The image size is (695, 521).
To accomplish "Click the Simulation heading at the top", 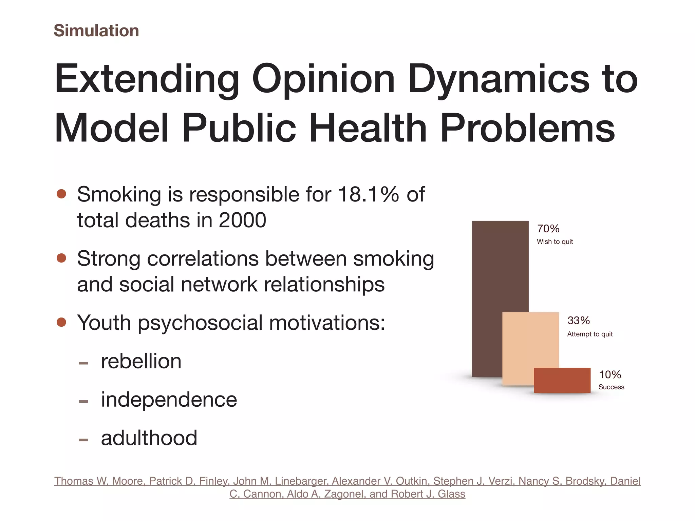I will pos(96,31).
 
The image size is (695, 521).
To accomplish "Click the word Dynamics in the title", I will pos(499,80).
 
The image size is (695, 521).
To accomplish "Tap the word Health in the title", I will pos(368,128).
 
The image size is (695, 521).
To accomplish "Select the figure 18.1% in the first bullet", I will pos(369,194).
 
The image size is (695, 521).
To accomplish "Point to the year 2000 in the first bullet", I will pos(242,220).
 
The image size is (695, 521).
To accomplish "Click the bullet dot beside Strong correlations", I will pos(61,258).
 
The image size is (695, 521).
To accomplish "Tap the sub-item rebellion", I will pos(141,361).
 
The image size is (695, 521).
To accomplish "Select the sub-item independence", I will pos(169,399).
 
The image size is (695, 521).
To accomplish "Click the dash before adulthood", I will pos(83,440).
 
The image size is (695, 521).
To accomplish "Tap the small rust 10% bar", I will pos(562,380).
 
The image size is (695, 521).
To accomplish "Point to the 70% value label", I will pos(548,229).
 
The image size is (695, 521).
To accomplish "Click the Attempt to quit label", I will pos(590,334).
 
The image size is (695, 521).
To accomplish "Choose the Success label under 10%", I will pos(611,387).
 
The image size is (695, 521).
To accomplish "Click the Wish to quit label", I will pos(555,242).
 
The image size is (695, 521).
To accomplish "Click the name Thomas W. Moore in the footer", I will pos(100,481).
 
